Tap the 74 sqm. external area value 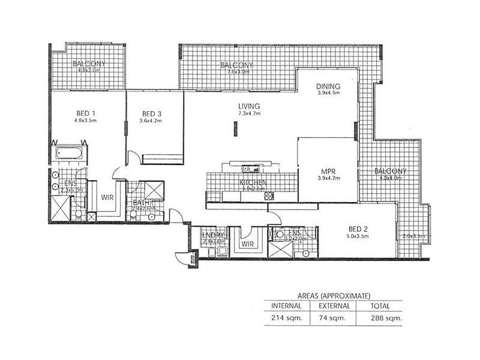pyautogui.click(x=332, y=317)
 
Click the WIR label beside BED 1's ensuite pyautogui.click(x=107, y=196)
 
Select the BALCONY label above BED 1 pyautogui.click(x=86, y=64)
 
